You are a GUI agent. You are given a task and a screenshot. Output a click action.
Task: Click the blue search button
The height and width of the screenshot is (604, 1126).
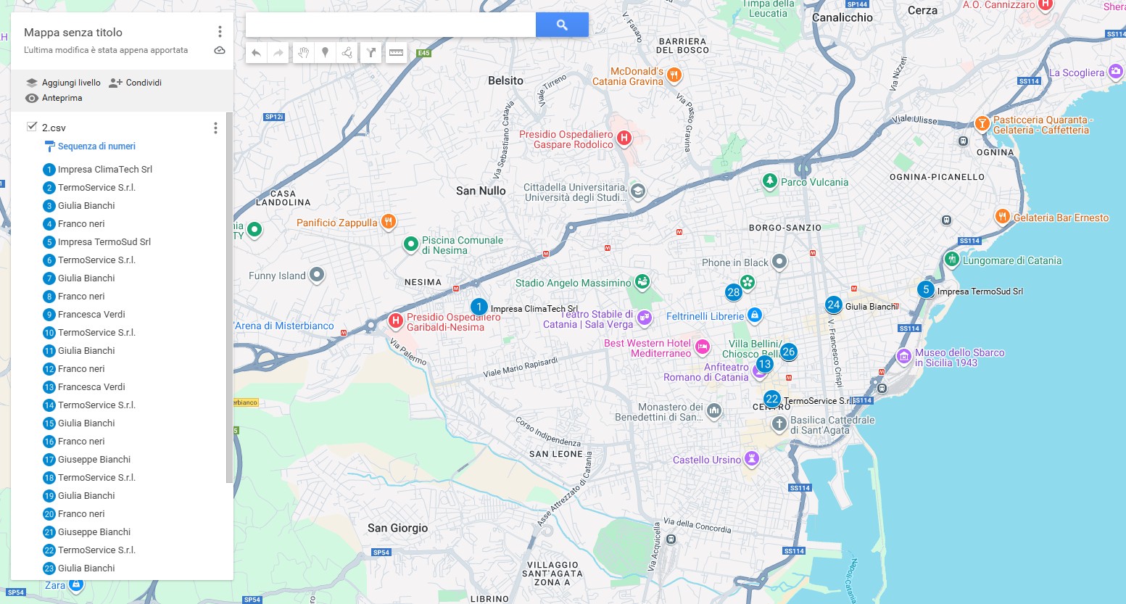click(562, 25)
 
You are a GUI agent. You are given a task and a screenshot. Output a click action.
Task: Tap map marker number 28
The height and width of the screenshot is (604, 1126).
click(734, 292)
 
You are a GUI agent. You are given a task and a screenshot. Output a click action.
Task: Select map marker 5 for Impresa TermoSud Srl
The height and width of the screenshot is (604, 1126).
click(926, 289)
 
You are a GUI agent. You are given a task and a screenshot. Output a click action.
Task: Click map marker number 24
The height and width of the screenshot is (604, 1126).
click(834, 305)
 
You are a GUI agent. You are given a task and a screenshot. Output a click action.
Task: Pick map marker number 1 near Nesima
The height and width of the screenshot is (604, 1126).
click(479, 307)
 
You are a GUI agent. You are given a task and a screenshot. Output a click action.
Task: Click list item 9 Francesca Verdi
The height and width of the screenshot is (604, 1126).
click(91, 315)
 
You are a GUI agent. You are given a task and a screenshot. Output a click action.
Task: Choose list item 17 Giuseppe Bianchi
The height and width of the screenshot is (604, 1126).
click(94, 460)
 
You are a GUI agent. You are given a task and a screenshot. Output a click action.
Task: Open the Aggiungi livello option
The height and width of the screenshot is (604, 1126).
click(63, 83)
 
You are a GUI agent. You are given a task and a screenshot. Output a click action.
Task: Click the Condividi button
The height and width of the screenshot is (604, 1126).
click(136, 83)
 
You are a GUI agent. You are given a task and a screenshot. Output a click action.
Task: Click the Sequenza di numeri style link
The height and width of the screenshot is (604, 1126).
click(96, 146)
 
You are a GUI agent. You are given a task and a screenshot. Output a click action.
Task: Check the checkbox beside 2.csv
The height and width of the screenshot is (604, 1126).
click(32, 127)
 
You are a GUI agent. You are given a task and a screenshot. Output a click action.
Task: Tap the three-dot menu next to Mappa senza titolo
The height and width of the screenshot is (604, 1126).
click(220, 32)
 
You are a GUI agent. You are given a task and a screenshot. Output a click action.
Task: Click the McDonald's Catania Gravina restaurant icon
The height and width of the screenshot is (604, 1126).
click(674, 75)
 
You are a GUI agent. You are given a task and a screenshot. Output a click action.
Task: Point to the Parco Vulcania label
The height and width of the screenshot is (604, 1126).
click(814, 182)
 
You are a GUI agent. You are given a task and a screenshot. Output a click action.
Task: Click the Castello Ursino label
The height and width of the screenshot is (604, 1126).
click(706, 460)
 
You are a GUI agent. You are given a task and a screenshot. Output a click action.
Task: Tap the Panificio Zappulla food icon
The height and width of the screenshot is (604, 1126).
click(389, 222)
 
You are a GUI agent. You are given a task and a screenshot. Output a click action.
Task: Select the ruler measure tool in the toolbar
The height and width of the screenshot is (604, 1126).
click(396, 52)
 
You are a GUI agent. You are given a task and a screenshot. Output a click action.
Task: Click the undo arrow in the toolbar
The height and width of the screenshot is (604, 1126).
click(257, 52)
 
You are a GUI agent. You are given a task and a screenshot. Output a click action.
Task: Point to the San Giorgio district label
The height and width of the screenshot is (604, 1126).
click(397, 528)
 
